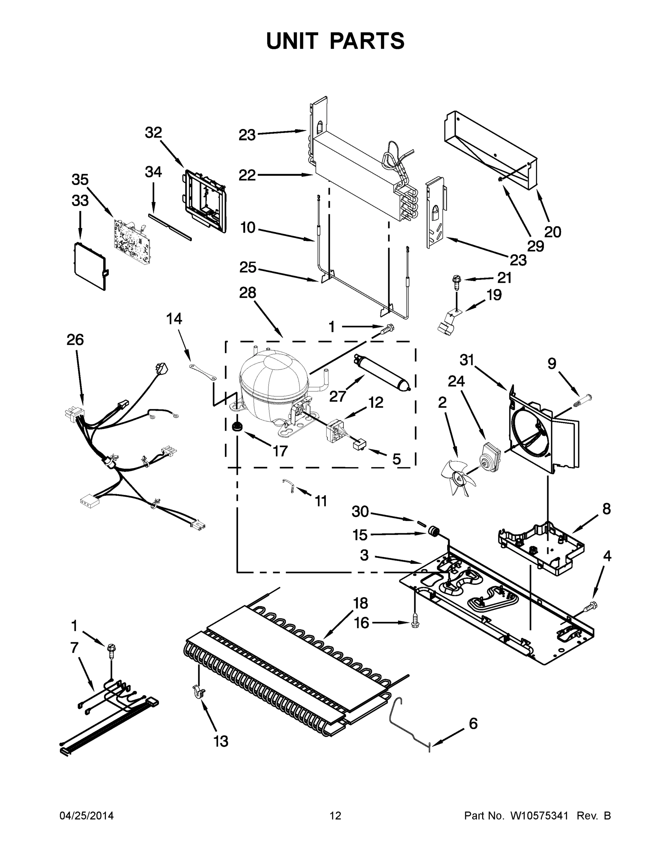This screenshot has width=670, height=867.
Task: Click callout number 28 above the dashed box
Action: click(x=247, y=293)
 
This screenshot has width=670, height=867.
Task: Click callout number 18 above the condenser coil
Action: click(x=360, y=603)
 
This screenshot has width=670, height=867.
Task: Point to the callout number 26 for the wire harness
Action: click(x=75, y=340)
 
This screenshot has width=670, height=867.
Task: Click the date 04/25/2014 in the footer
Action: click(x=87, y=816)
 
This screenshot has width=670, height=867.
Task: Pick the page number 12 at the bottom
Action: click(x=336, y=816)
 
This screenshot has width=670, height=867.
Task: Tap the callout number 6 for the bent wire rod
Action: click(x=473, y=724)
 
